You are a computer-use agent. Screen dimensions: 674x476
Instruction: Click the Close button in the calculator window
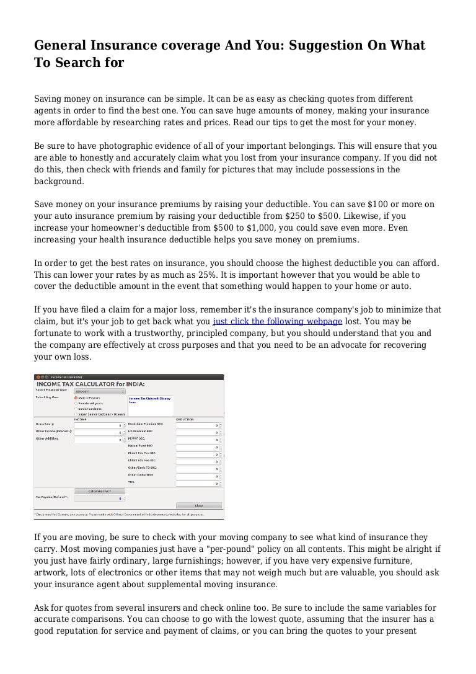(198, 505)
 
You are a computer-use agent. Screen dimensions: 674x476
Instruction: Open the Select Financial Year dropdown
(99, 391)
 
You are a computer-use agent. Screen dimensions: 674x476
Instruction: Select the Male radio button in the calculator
(76, 397)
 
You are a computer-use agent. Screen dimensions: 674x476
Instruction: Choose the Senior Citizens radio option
(76, 409)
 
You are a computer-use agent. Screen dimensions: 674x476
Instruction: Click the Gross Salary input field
(99, 425)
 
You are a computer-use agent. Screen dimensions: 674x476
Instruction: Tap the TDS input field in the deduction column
(198, 483)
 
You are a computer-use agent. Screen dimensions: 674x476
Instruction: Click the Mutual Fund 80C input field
(198, 446)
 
